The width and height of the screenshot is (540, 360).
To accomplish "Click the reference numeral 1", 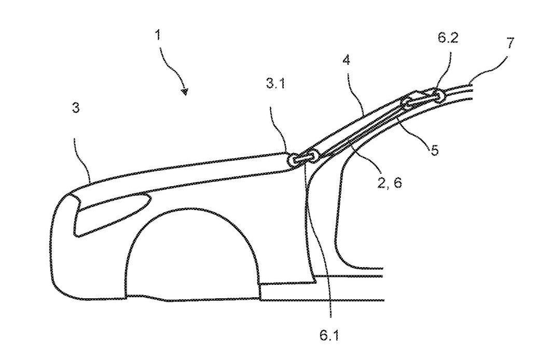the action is tap(158, 35).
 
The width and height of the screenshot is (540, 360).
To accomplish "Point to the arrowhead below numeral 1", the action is tap(185, 92).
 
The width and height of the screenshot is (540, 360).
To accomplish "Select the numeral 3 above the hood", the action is tap(76, 107).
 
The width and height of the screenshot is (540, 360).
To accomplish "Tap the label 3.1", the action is tap(275, 83).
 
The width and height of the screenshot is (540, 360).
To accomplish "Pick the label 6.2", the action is tap(448, 37).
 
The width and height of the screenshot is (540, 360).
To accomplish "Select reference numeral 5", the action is tap(435, 150).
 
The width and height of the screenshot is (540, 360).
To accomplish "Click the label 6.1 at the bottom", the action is tap(329, 335).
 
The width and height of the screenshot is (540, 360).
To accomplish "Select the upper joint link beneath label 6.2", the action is tap(422, 98).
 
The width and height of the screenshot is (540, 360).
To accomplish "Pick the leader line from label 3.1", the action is tap(280, 129).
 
